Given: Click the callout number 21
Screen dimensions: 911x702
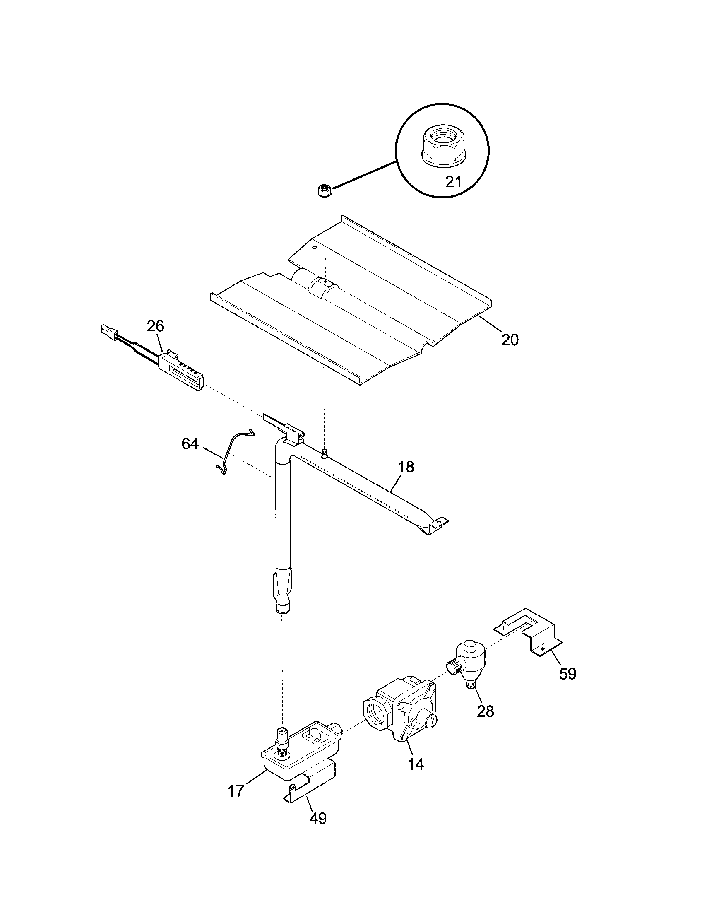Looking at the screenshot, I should (454, 182).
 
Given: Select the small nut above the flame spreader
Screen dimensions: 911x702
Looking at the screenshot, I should (322, 191).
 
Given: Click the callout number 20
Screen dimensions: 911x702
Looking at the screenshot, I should (510, 340).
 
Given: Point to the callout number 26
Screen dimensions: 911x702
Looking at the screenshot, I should (155, 326).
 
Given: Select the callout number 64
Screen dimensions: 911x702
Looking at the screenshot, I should (190, 444).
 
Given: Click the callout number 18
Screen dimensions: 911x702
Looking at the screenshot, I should (406, 467).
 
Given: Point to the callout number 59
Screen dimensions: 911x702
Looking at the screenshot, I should (567, 674).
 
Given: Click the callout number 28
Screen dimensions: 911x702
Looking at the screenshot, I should (485, 711).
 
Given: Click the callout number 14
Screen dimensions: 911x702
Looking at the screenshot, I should (416, 764).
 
